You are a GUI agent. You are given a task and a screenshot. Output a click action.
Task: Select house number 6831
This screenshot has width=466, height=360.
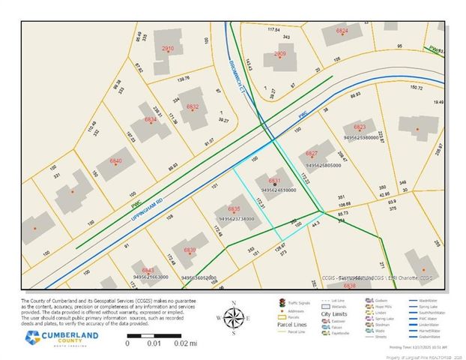click(275, 181)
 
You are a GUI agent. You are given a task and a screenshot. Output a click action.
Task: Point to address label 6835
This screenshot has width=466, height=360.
click(234, 208)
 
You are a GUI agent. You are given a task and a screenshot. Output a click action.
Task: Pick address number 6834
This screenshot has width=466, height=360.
click(151, 120)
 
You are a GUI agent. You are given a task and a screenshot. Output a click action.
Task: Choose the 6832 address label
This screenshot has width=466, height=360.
click(193, 106)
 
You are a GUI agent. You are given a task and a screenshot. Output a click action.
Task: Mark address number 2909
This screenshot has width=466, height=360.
click(280, 54)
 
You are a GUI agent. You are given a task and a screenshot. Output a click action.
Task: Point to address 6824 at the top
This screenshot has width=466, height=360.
click(342, 30)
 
